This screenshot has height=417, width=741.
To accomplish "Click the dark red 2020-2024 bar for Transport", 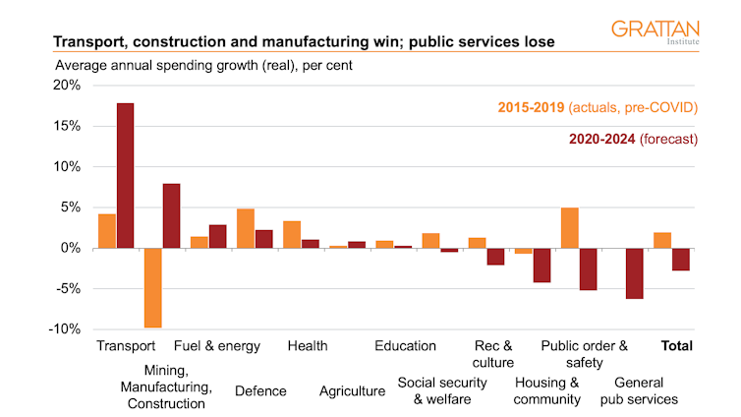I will tap(125, 175).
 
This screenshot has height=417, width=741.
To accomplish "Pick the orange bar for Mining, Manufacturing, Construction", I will tap(152, 287).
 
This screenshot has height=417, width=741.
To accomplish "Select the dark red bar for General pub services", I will tap(634, 272).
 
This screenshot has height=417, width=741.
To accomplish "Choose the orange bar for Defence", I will tap(246, 228).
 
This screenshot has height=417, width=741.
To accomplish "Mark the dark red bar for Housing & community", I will tap(541, 266).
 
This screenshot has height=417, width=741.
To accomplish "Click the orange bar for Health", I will tap(292, 234).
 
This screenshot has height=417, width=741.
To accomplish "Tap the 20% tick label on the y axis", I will tap(65, 86).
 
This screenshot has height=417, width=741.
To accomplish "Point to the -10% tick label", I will tap(63, 328).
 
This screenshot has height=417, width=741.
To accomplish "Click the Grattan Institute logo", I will tap(655, 32).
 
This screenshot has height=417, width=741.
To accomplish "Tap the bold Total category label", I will tap(677, 346).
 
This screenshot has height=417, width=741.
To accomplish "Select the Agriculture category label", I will tap(352, 391).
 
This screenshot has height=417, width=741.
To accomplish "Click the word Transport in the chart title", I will tap(89, 42).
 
